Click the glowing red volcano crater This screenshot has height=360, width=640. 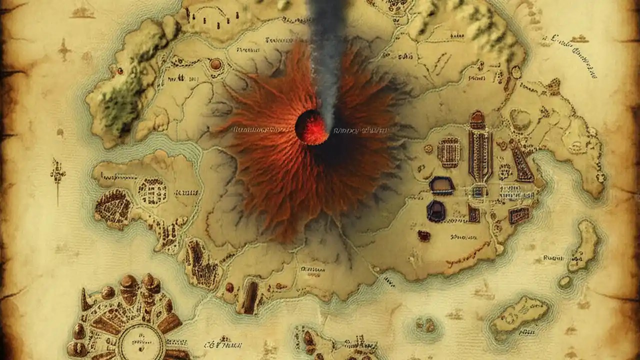point(312,127)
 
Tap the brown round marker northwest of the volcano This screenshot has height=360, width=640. point(216,64)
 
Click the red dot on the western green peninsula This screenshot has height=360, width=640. point(119,71)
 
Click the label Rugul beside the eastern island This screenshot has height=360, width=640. point(553,258)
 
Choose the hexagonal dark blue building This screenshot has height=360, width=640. point(436,210)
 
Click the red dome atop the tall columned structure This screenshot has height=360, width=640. point(477,118)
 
